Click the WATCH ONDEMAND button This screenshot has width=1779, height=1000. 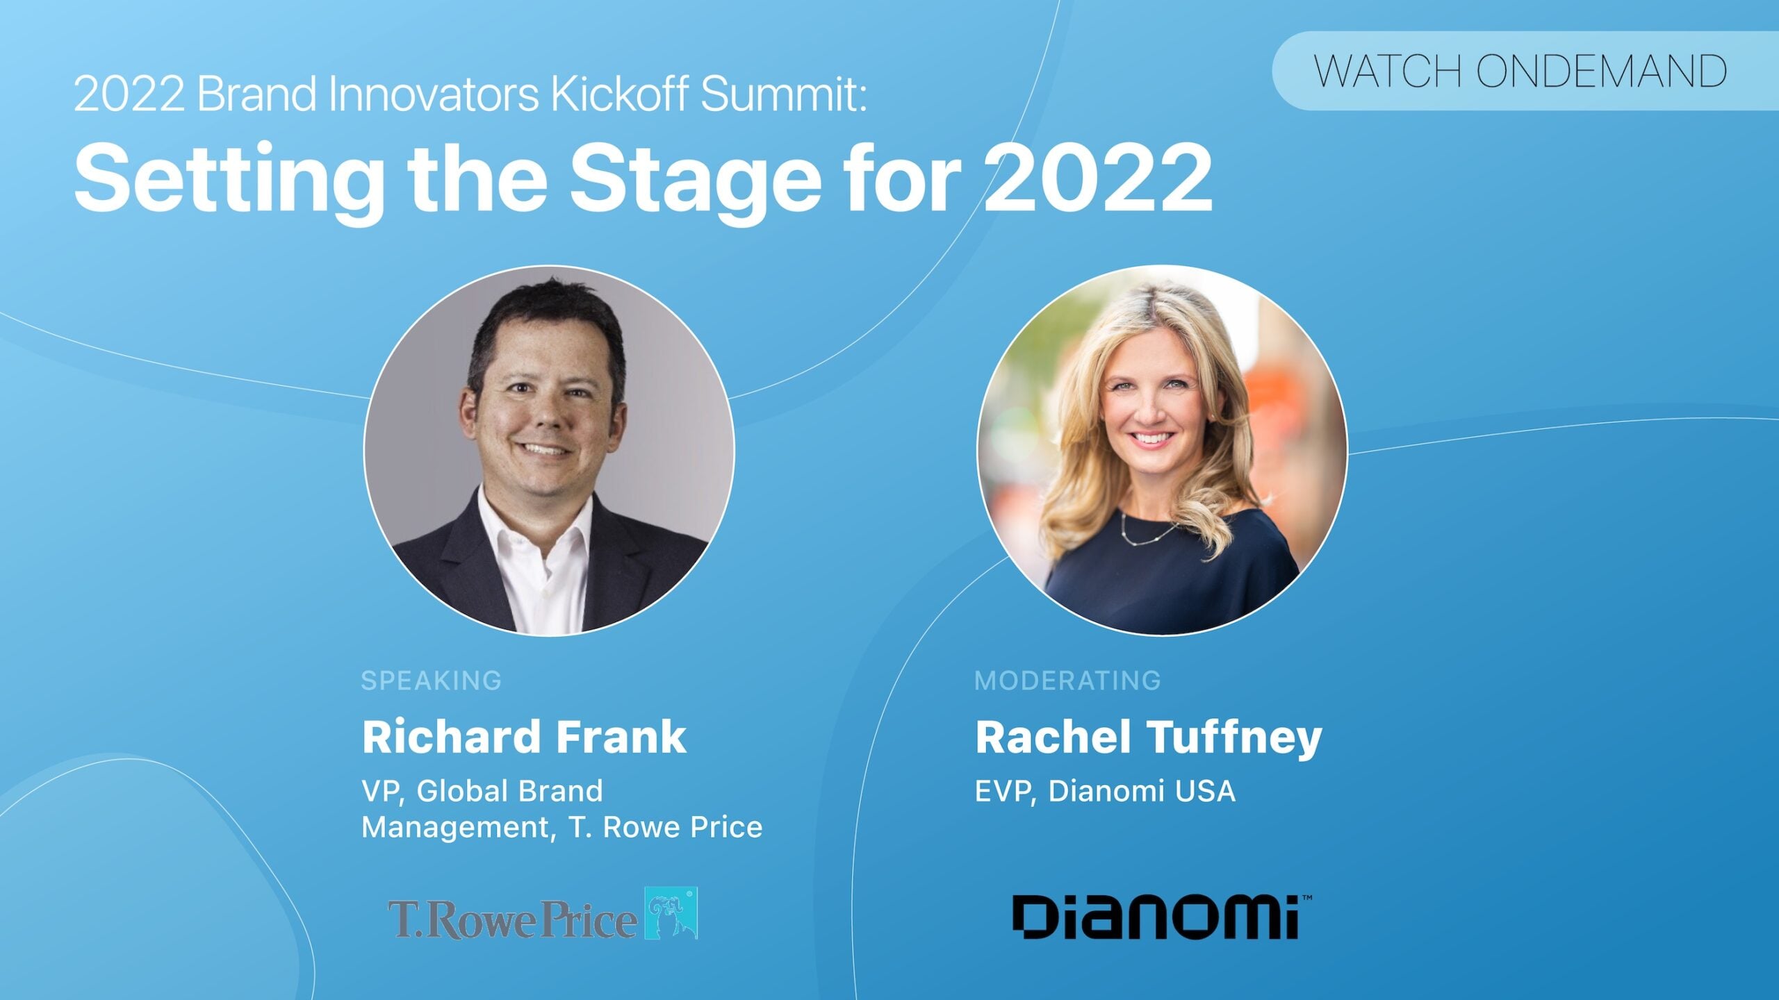pyautogui.click(x=1525, y=71)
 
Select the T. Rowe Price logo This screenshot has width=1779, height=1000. pyautogui.click(x=543, y=913)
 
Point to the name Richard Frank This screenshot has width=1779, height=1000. pyautogui.click(x=524, y=737)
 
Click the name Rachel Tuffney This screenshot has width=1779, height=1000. pyautogui.click(x=1148, y=738)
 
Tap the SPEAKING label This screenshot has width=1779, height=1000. pyautogui.click(x=431, y=681)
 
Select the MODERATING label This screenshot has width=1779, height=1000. pyautogui.click(x=1067, y=681)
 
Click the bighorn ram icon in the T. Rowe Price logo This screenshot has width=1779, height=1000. pyautogui.click(x=671, y=913)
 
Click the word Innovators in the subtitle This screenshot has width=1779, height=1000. pyautogui.click(x=434, y=94)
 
